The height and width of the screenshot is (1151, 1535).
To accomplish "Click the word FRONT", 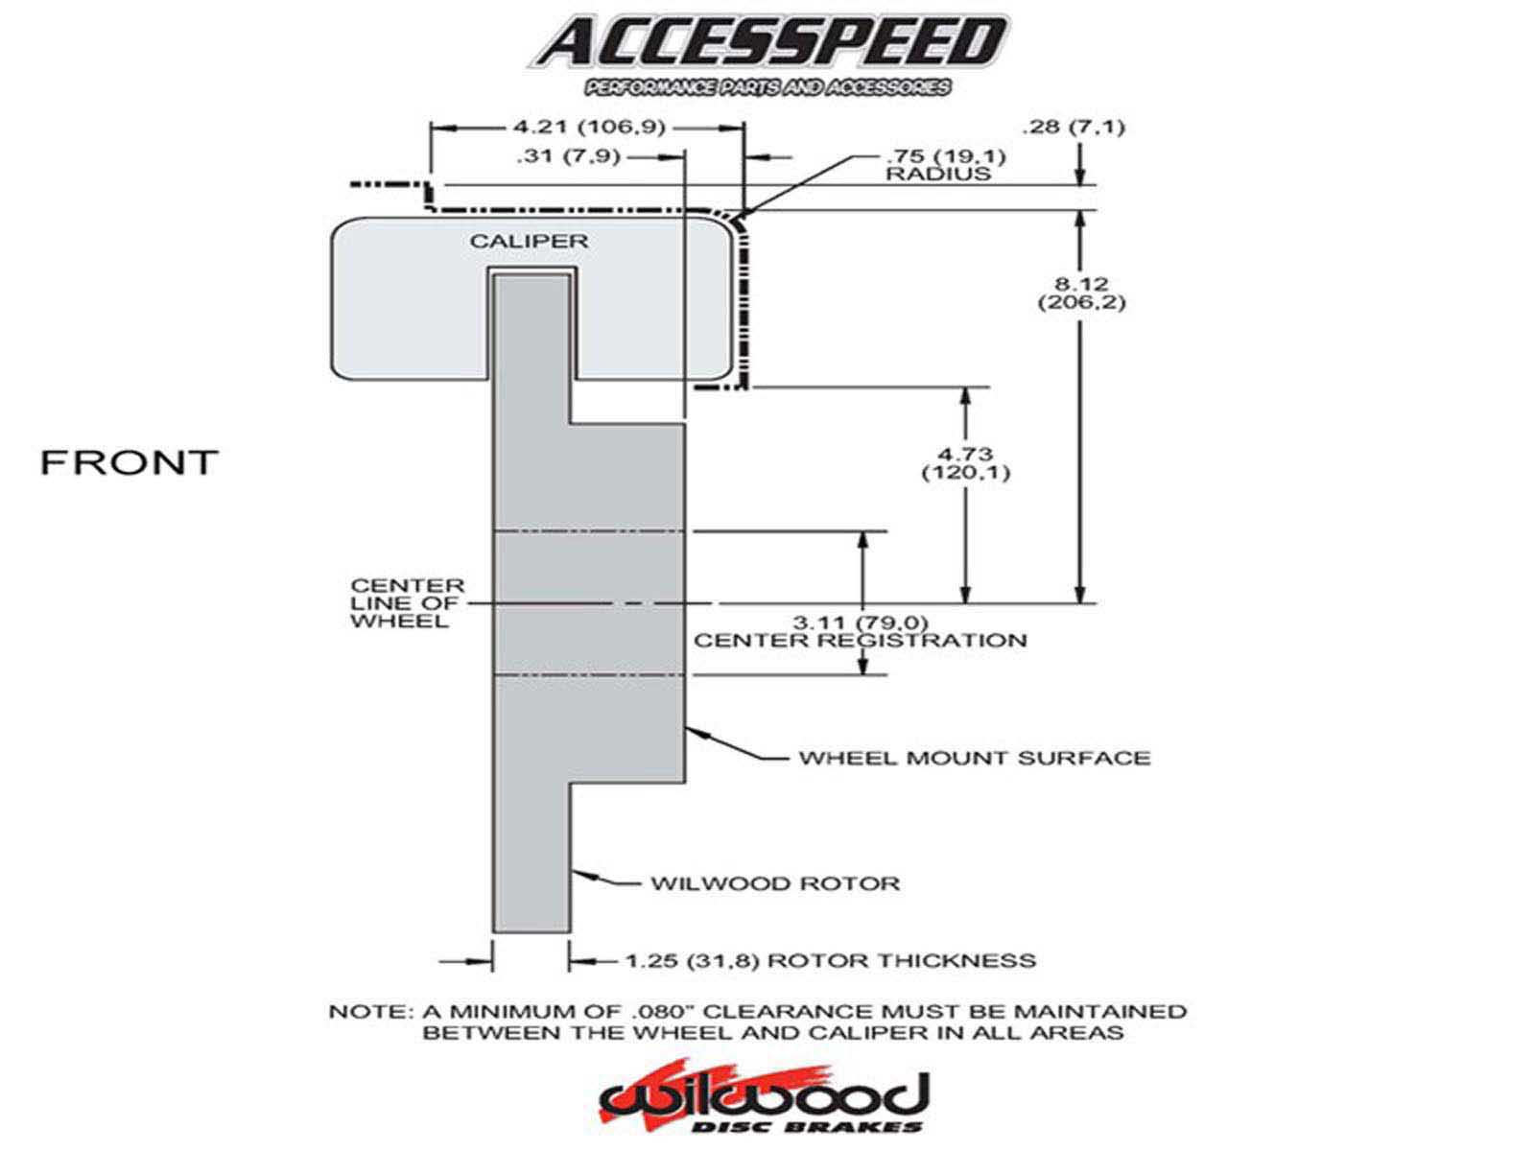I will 129,462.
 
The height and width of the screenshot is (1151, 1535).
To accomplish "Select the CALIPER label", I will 529,240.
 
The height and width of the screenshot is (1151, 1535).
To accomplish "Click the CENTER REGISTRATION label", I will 860,641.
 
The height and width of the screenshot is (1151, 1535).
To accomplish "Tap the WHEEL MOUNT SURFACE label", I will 974,758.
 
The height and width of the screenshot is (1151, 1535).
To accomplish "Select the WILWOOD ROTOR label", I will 775,882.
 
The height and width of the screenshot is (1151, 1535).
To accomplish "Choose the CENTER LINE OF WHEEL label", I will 407,602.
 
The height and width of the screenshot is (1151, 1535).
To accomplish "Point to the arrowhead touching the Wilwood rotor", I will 579,872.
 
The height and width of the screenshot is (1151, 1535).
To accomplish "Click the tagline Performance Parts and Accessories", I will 767,87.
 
